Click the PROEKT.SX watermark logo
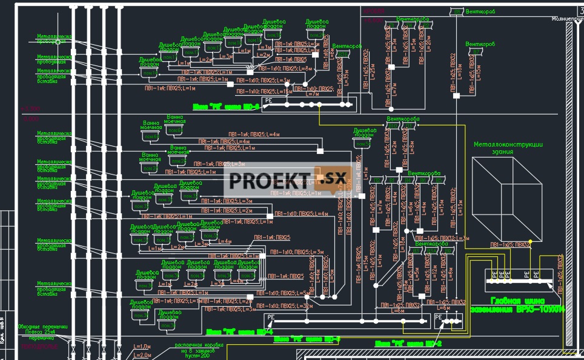click(288, 181)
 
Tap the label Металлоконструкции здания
click(508, 148)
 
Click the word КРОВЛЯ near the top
click(374, 12)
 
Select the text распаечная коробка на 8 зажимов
click(199, 349)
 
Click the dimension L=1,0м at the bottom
click(141, 347)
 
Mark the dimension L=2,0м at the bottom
click(141, 355)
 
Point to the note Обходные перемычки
click(42, 327)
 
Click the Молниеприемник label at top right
click(567, 19)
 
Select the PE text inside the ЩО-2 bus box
click(439, 316)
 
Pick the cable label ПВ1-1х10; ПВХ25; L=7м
click(313, 92)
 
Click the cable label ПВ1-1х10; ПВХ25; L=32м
click(284, 306)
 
